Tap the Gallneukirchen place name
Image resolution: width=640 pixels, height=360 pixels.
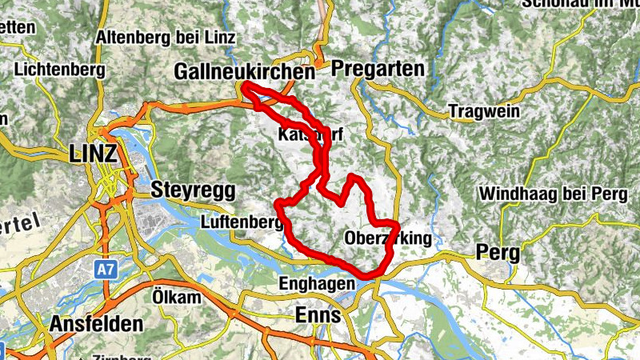click(244, 72)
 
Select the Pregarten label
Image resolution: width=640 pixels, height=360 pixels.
click(377, 70)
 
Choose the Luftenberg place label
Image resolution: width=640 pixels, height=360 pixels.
click(239, 222)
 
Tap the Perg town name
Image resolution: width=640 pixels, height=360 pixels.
click(497, 253)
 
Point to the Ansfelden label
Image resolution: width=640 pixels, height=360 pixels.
click(96, 324)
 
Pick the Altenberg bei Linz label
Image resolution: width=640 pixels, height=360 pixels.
click(165, 37)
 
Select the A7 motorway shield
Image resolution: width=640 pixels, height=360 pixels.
click(106, 270)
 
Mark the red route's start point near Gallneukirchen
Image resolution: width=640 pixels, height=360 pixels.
click(244, 85)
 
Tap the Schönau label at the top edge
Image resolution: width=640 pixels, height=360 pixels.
click(581, 4)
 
